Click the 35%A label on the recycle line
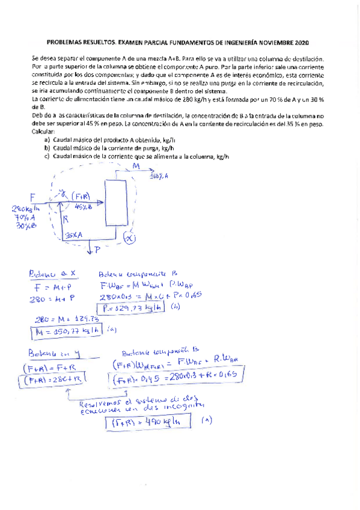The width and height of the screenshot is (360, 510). click(75, 236)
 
